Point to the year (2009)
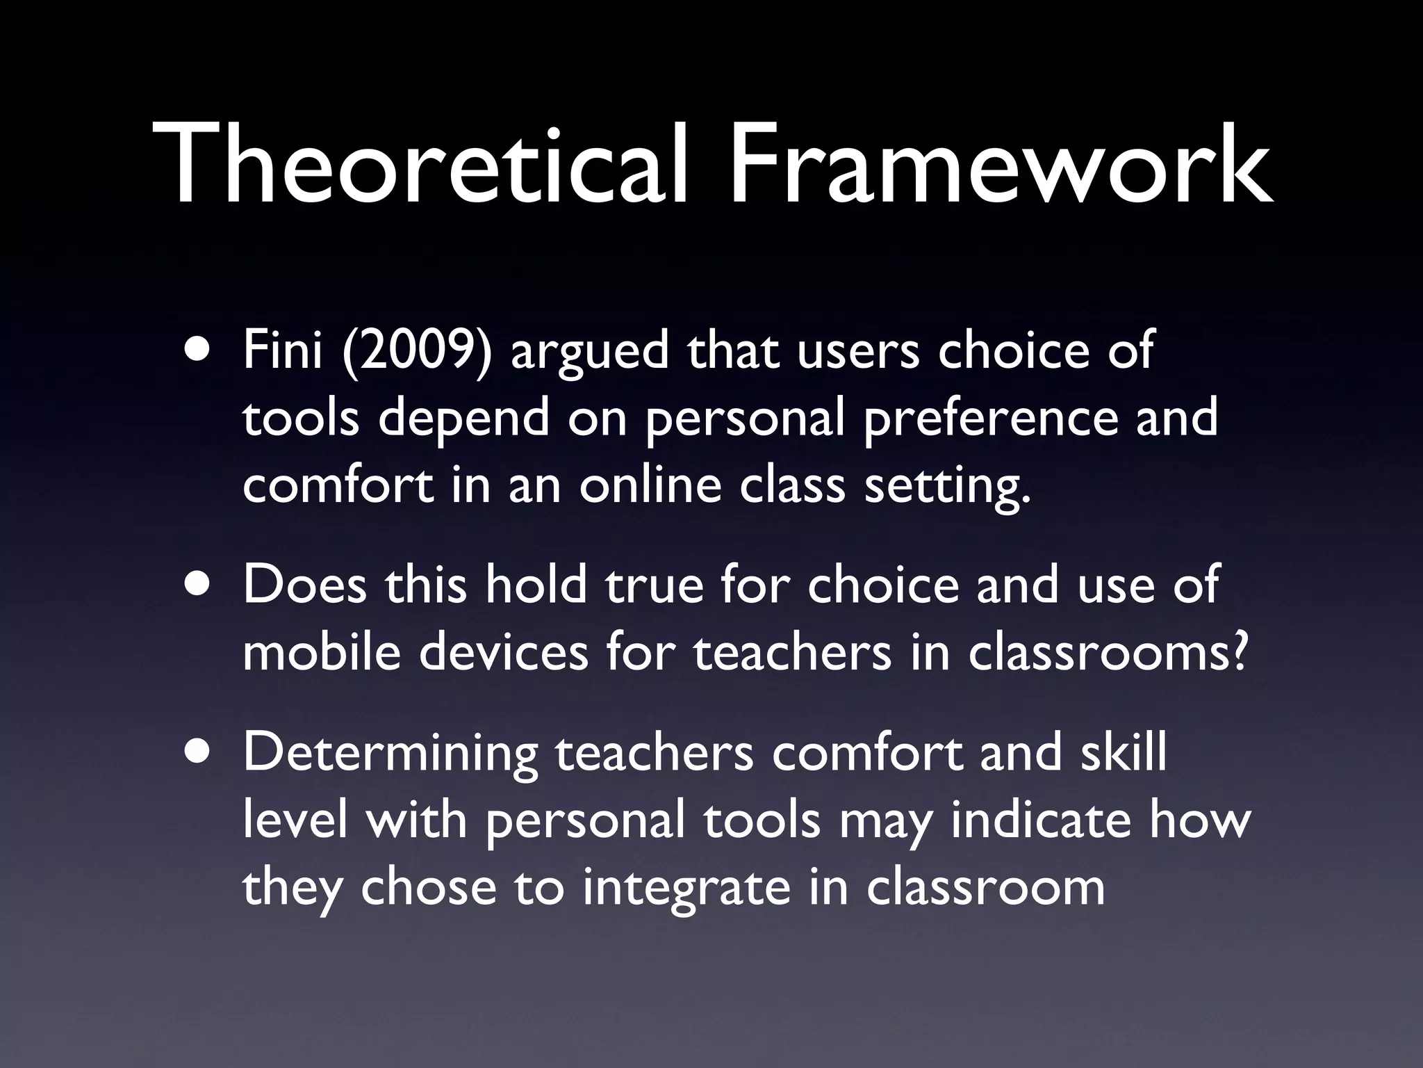pyautogui.click(x=418, y=351)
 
